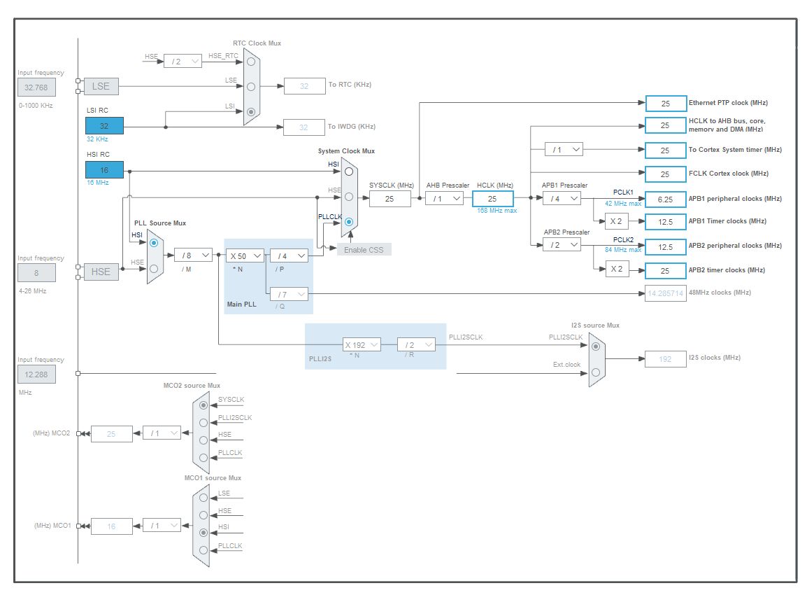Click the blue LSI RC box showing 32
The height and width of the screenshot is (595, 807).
[104, 126]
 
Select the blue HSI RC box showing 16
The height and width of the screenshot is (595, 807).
[104, 169]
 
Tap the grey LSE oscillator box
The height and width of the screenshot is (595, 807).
[101, 86]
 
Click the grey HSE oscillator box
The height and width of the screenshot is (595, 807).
[101, 272]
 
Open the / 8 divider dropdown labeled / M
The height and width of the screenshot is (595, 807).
[192, 255]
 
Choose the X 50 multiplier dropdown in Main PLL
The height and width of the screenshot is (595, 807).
[245, 255]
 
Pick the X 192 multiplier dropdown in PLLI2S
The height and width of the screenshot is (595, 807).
[362, 344]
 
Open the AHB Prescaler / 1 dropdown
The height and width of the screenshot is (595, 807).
[444, 198]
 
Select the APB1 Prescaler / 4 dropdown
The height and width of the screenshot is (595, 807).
[562, 198]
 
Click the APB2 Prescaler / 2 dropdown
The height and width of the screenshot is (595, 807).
[562, 244]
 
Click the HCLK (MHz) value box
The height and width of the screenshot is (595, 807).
[492, 199]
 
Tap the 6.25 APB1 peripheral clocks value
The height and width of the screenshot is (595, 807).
[665, 199]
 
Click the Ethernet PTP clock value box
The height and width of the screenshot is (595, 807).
[665, 104]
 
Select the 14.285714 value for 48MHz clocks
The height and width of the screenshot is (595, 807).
[665, 293]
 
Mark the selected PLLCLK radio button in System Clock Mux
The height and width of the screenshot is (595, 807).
[348, 222]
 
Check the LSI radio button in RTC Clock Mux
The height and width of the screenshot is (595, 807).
[251, 111]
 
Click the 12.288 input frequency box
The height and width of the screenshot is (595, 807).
[36, 374]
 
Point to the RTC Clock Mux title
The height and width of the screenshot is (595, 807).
[257, 43]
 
